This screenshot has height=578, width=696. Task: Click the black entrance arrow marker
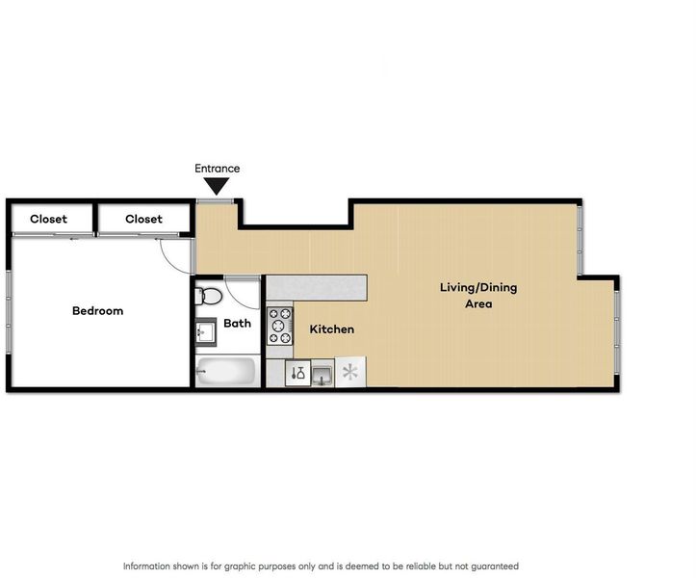click(x=217, y=186)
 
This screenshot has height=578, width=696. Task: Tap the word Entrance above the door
click(x=217, y=169)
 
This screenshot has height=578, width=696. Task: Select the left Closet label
click(x=48, y=219)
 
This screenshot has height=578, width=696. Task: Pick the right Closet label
click(x=143, y=219)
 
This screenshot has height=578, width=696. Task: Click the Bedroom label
click(x=97, y=310)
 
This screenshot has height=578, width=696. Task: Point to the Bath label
click(x=237, y=323)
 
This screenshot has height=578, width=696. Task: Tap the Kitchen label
click(x=331, y=329)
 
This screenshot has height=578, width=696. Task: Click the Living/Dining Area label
click(x=478, y=296)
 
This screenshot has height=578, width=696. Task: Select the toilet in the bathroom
click(x=209, y=296)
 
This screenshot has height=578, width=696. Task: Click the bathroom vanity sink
click(x=205, y=332)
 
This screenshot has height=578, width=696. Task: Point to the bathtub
click(x=226, y=371)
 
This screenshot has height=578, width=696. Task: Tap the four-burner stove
click(x=279, y=327)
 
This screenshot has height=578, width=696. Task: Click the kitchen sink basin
click(x=322, y=373)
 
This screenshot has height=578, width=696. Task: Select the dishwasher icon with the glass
click(x=297, y=373)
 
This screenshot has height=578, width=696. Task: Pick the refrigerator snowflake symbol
click(x=350, y=372)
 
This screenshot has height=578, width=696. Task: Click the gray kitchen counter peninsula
click(x=317, y=288)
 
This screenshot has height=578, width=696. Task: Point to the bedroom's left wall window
click(x=8, y=312)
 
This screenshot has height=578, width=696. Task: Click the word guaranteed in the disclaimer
click(x=495, y=566)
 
